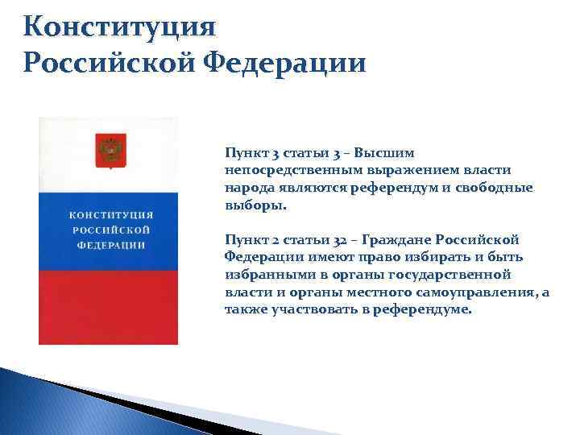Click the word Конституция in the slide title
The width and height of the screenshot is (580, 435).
coord(120,27)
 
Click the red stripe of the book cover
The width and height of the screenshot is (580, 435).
coord(109,306)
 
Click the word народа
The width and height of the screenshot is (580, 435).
coord(244,187)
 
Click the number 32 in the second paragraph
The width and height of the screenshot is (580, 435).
coord(338,240)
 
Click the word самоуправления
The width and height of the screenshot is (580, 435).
coord(483,293)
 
